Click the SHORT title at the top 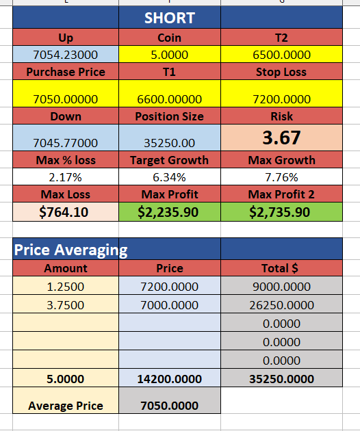[x=170, y=18]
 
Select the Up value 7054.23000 [x=66, y=55]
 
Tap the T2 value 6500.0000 [x=281, y=55]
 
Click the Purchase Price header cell [x=66, y=72]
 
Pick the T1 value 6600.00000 [x=170, y=99]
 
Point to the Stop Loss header [x=281, y=72]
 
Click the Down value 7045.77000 [x=66, y=143]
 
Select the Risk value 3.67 [x=281, y=138]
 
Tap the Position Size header [x=170, y=116]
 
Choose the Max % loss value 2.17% [x=66, y=177]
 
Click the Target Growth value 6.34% [x=170, y=177]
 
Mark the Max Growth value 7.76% [x=281, y=177]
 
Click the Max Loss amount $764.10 [x=64, y=212]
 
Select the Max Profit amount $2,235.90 [x=168, y=212]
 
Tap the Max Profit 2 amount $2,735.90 [x=280, y=212]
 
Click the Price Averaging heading [x=71, y=250]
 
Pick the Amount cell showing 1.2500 [x=66, y=287]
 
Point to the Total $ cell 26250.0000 [x=281, y=305]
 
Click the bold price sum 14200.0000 [x=170, y=379]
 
